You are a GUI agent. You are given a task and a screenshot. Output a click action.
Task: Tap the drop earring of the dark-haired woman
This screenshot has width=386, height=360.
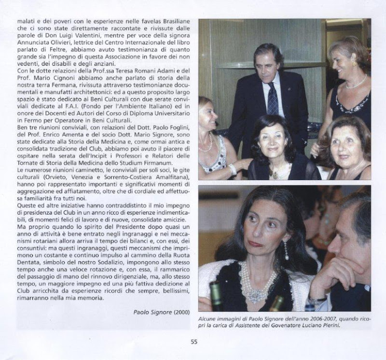pos(286,250)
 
